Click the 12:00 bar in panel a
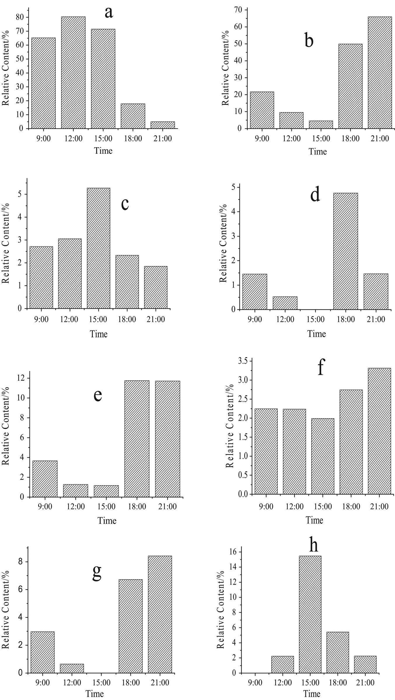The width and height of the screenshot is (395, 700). [73, 73]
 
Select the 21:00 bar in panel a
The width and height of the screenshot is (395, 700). [162, 125]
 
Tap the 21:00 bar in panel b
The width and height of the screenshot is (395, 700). [380, 73]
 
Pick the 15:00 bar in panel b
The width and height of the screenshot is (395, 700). [321, 125]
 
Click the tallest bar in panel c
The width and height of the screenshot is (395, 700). [98, 248]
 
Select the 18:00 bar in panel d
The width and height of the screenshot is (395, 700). [345, 251]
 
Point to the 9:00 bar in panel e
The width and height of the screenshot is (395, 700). [45, 479]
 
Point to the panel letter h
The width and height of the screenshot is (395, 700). [313, 545]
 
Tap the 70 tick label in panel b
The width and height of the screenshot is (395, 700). [240, 10]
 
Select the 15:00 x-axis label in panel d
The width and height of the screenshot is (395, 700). [316, 319]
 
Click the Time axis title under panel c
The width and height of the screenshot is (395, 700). [99, 334]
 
